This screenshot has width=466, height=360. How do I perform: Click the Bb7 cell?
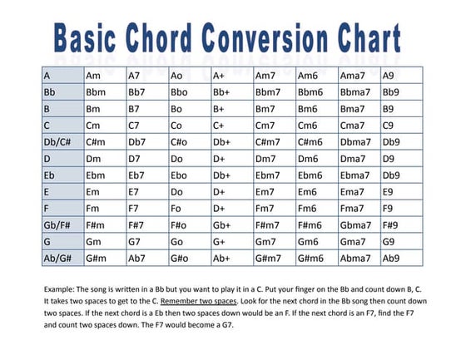click(x=137, y=92)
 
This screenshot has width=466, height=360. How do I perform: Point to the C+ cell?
click(x=220, y=126)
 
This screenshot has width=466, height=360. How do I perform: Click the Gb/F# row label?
click(x=57, y=225)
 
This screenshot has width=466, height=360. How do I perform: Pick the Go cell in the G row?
click(x=176, y=242)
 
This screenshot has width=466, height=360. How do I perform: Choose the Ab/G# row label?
click(x=57, y=259)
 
